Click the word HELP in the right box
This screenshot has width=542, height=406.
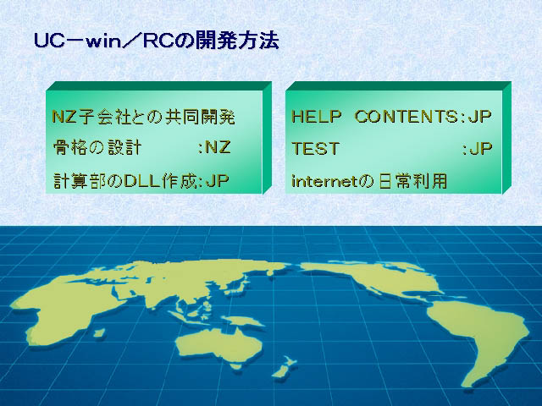317,117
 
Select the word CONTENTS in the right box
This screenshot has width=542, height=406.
406,117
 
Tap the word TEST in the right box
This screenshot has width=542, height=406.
315,149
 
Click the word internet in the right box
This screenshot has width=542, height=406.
325,181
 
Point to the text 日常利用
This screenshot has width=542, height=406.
412,181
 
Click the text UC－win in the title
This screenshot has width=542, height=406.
78,41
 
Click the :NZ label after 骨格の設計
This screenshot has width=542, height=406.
214,148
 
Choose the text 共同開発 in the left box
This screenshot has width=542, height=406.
200,117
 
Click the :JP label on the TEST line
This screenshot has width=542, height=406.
477,149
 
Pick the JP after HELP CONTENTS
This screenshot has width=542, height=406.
480,117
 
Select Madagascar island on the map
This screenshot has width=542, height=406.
99,332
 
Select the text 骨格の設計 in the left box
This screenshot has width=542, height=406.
97,148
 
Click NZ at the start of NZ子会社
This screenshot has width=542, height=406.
64,117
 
